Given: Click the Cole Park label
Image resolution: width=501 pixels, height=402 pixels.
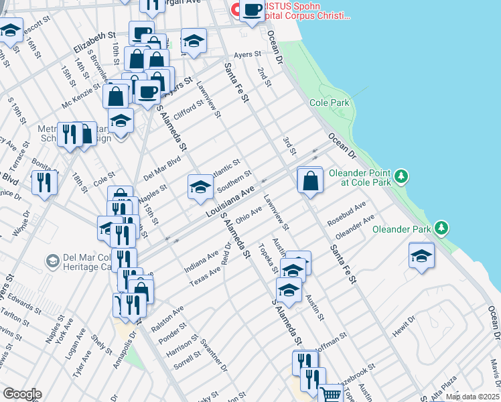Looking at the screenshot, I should tap(330, 103).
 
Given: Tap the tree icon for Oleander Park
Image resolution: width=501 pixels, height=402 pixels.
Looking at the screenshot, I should tap(441, 228).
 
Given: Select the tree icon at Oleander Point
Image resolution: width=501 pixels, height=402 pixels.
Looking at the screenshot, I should tap(401, 176).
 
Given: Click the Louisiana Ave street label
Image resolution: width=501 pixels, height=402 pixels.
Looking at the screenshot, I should tap(230, 202).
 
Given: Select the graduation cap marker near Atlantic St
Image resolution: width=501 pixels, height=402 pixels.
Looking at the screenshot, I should tap(200, 188).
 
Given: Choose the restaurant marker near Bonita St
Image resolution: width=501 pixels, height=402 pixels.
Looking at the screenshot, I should tap(44, 182).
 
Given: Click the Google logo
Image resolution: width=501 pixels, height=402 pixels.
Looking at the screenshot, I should tap(22, 394).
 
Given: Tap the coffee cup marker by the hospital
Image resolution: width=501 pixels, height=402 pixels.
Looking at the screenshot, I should tap(253, 11).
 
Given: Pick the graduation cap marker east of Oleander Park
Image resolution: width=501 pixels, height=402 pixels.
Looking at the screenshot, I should tap(421, 257).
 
